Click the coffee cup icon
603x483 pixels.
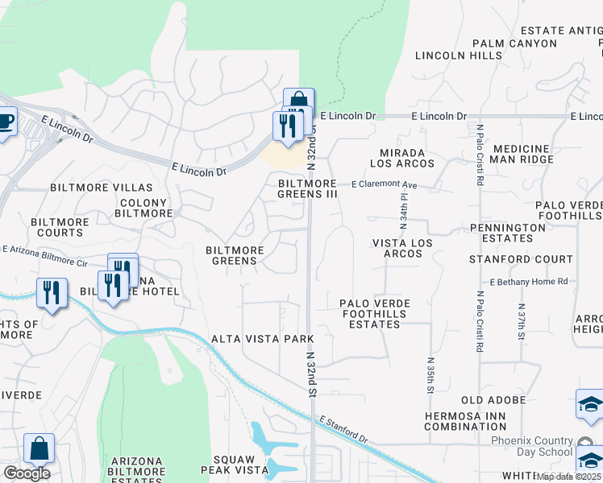[5, 122]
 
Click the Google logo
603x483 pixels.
[27, 473]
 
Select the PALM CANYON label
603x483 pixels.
[514, 43]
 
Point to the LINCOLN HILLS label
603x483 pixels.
[459, 56]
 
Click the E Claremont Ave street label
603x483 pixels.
[384, 185]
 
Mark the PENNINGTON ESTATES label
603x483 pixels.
[508, 233]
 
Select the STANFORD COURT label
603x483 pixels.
[522, 259]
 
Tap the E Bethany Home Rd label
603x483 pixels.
[529, 281]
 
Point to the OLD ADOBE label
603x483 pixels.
[494, 400]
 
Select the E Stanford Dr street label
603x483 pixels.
[343, 430]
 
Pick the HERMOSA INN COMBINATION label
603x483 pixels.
[465, 420]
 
